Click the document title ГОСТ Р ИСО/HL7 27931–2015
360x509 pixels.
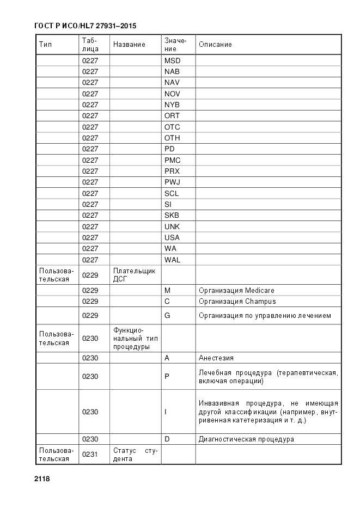coord(85,26)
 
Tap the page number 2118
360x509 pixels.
coord(42,479)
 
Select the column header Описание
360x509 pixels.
coord(215,44)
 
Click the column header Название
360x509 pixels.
coord(129,44)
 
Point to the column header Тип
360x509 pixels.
coord(45,44)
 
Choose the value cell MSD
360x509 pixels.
coord(172,60)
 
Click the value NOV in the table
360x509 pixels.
coord(172,94)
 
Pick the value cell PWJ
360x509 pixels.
coord(172,182)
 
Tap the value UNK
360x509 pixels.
coord(172,226)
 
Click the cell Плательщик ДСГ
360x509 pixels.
coord(135,275)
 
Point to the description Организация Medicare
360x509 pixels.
coord(236,290)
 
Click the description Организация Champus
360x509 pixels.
coord(237,301)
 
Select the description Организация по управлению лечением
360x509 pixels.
coord(265,316)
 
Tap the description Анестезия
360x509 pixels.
coord(216,358)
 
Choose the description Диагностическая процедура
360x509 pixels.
coord(246,439)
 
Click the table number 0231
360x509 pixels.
coord(90,455)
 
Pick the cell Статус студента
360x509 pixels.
coord(135,455)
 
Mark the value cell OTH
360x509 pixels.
coord(172,138)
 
